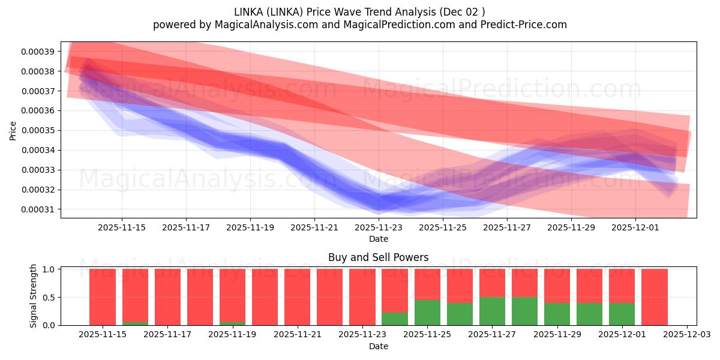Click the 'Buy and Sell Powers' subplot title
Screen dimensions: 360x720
click(x=378, y=257)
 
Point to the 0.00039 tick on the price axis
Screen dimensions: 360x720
click(x=38, y=52)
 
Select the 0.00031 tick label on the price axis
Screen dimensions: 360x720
click(x=38, y=210)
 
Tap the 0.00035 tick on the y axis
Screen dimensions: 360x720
click(x=38, y=131)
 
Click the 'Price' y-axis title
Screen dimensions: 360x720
click(x=13, y=130)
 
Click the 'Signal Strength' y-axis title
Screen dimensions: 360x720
click(x=34, y=296)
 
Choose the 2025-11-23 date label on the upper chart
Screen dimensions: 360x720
click(x=379, y=227)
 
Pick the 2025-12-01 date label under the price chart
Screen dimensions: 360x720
click(x=635, y=227)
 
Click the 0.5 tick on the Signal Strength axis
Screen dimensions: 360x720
click(x=49, y=297)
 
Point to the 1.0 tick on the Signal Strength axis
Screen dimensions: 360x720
click(x=49, y=269)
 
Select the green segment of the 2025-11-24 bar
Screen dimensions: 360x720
click(x=394, y=319)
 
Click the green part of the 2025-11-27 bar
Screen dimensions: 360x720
click(x=492, y=311)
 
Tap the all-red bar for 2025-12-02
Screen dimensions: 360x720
click(x=654, y=297)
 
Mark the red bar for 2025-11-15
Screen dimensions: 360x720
click(x=103, y=297)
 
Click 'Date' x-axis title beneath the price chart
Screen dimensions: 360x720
click(x=378, y=239)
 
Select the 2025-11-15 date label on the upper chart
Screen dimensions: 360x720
click(x=122, y=227)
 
